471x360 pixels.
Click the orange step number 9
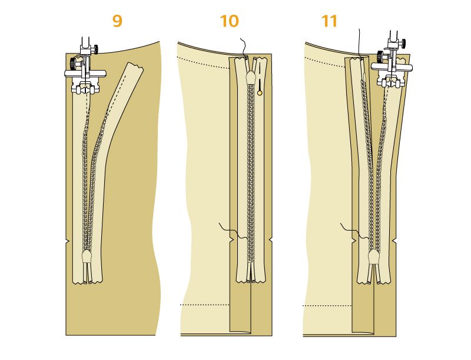[x=117, y=21]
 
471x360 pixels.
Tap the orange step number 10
[x=230, y=21]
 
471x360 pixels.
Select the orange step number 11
[x=329, y=21]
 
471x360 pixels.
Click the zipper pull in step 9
[x=87, y=256]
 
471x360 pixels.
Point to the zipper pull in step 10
[x=250, y=78]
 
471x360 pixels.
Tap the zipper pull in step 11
[x=373, y=256]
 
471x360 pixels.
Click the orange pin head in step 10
[x=260, y=93]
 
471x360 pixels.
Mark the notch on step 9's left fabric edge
[x=68, y=242]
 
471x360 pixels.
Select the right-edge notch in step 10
[x=270, y=240]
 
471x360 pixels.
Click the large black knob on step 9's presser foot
[x=72, y=63]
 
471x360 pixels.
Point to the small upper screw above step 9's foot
[x=95, y=48]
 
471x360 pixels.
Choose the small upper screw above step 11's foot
[x=403, y=42]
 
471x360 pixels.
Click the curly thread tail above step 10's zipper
[x=244, y=47]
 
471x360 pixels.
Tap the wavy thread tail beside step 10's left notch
[x=233, y=231]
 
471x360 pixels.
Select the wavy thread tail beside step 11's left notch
[x=354, y=231]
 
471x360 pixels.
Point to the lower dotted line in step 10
[x=204, y=305]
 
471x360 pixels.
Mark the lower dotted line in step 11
[x=327, y=306]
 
